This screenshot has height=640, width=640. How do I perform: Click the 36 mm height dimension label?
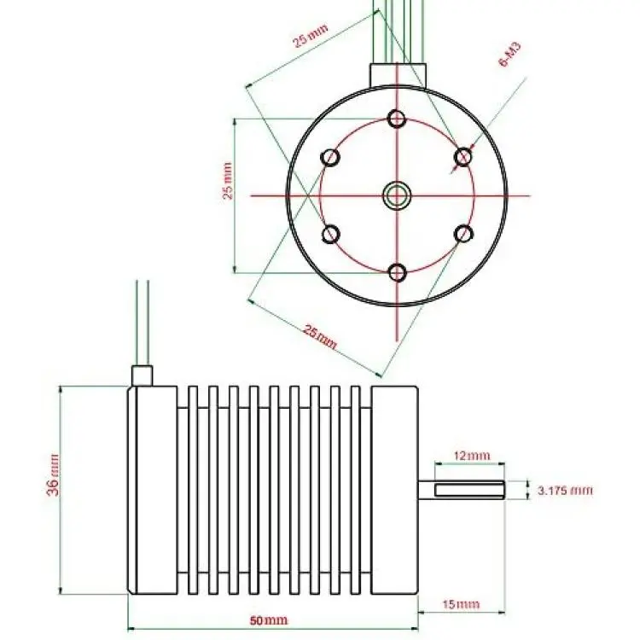click(x=54, y=475)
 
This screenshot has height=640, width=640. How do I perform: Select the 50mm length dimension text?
click(x=269, y=621)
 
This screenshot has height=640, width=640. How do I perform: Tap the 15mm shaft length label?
click(x=461, y=604)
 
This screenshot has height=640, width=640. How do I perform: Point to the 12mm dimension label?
click(x=472, y=456)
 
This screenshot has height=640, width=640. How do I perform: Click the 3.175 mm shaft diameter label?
click(x=565, y=490)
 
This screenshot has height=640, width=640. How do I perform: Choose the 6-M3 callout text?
click(x=510, y=55)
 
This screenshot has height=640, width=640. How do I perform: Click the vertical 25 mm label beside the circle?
click(x=228, y=181)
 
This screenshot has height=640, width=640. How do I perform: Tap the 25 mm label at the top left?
click(x=311, y=36)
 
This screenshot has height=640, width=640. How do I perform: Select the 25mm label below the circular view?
click(x=321, y=337)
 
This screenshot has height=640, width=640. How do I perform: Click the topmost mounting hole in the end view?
click(x=396, y=119)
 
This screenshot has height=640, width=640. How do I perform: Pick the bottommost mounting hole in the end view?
click(x=397, y=272)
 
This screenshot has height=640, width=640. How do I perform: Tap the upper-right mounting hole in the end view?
click(x=463, y=157)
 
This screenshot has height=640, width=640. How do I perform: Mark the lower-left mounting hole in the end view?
click(x=330, y=235)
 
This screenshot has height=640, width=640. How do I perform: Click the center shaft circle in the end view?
click(x=397, y=195)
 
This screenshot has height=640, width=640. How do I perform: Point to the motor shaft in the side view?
click(x=461, y=490)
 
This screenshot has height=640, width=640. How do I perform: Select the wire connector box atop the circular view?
click(x=398, y=75)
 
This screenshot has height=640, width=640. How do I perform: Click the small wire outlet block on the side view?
click(x=142, y=375)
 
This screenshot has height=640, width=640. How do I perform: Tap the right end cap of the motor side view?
click(x=395, y=490)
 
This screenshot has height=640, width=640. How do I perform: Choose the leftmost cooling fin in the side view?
click(x=193, y=490)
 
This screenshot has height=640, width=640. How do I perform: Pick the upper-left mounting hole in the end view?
click(x=329, y=157)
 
